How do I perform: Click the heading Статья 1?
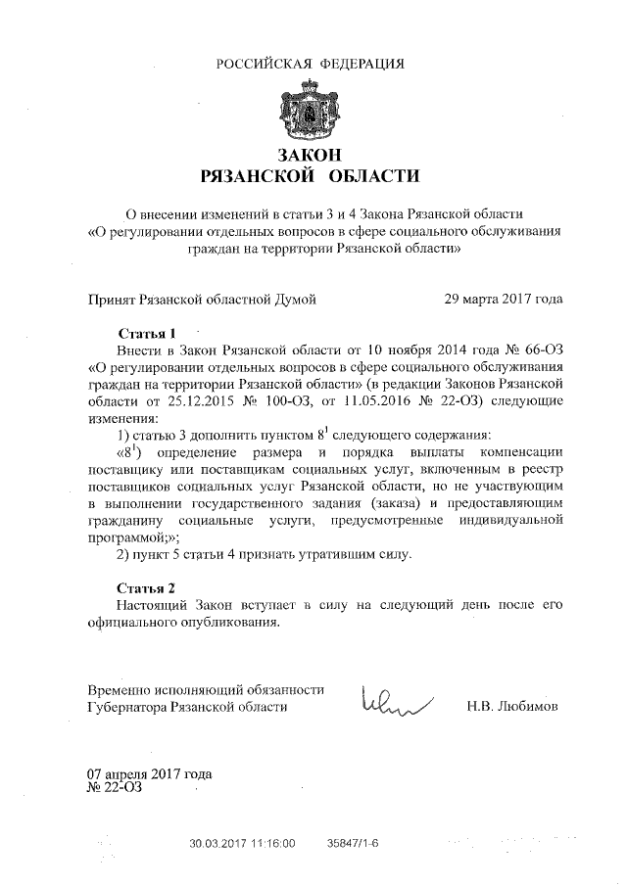click(x=146, y=332)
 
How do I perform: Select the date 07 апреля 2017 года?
click(x=150, y=774)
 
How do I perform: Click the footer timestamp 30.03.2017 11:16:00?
click(x=242, y=842)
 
